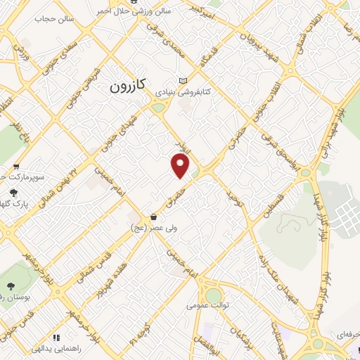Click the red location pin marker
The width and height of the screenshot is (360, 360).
tap(181, 166)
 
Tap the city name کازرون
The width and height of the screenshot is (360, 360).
tap(128, 86)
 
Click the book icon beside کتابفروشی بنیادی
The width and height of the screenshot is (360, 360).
tap(184, 81)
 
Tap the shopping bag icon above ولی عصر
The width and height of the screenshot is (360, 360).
tap(153, 217)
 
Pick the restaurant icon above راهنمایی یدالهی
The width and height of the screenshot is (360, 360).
tap(56, 337)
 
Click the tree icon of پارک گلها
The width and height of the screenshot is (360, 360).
tap(13, 192)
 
